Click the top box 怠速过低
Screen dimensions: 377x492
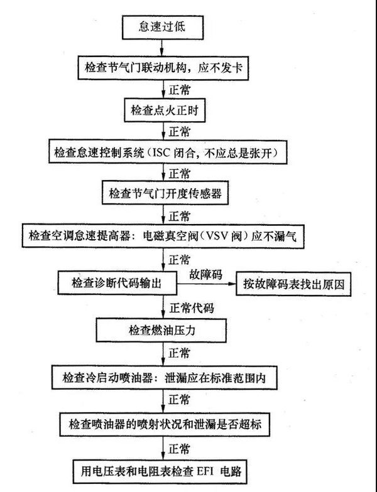coord(163,26)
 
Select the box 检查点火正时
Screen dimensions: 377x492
coord(165,110)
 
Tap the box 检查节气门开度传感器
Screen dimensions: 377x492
coord(165,193)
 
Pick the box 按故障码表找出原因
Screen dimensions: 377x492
coord(293,284)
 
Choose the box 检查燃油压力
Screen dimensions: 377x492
coord(161,330)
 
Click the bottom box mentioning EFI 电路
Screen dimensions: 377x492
coord(160,472)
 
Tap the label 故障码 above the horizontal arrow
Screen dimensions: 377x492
coord(205,274)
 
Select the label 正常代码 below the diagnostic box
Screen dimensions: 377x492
coord(192,307)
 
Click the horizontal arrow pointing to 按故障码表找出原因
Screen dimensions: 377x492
coord(206,284)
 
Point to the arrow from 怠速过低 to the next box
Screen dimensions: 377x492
coord(162,48)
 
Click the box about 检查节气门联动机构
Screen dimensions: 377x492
coord(163,68)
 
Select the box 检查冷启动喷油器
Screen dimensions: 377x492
coord(164,377)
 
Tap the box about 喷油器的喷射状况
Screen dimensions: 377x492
coord(165,424)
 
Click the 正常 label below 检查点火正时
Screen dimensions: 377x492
coord(179,131)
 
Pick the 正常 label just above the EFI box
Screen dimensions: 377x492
coord(179,448)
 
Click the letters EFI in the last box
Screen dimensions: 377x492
coord(205,472)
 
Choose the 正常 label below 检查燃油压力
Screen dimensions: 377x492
coord(179,353)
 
